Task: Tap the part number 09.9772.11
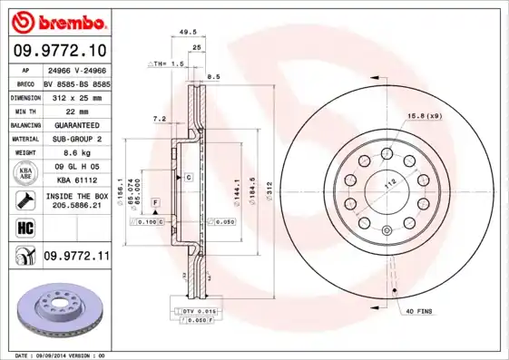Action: [76, 257]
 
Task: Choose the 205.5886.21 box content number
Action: [76, 207]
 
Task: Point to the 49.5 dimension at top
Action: [188, 32]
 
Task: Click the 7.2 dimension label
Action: [159, 119]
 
